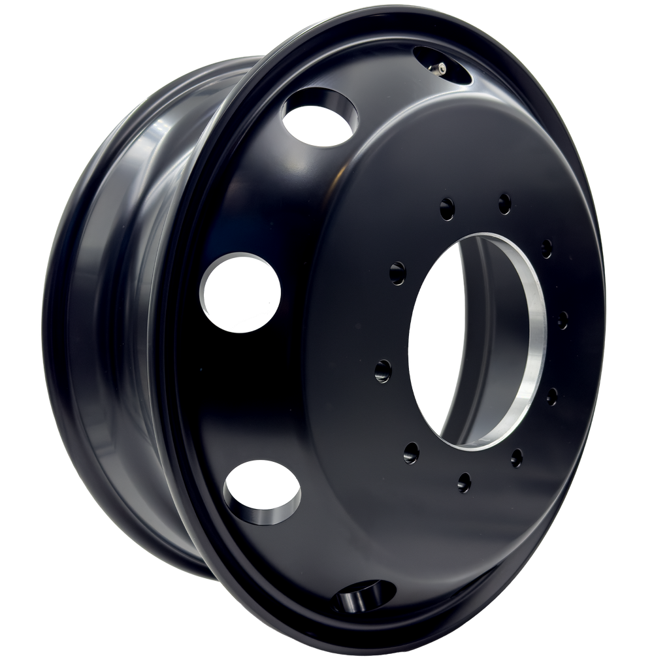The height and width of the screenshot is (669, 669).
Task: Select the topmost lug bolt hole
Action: click(504, 203)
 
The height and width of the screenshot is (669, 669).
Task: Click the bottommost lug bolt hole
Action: click(464, 482)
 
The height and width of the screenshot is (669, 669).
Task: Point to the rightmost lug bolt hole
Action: click(563, 320)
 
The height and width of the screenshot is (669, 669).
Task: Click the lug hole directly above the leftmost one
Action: click(397, 270)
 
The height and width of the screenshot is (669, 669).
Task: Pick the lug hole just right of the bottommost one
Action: click(516, 457)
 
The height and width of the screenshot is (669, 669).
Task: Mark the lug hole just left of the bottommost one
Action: click(412, 450)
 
